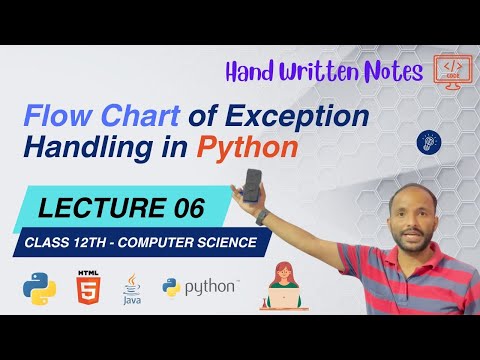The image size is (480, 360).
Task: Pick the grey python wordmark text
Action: [213, 289]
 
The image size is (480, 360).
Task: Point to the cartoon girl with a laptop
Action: [281, 284]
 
